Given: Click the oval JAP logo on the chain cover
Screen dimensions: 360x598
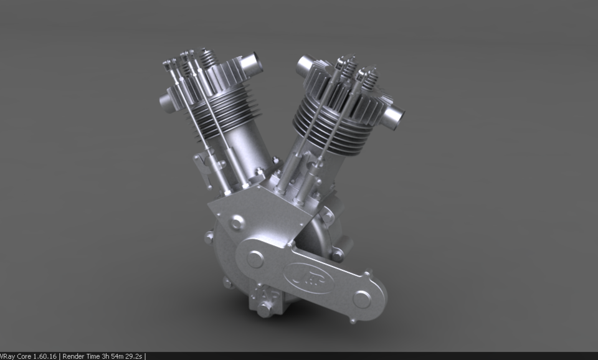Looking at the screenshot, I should tap(309, 276).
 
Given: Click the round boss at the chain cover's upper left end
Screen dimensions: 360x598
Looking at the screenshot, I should tap(255, 258).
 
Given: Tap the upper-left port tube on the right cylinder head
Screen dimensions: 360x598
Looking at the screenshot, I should tap(305, 65).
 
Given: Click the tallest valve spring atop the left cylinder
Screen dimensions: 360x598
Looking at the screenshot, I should tap(207, 59).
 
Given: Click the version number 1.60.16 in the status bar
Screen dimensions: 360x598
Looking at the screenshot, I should tap(42, 356).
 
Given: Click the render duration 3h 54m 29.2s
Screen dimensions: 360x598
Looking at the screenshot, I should tap(122, 356).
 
